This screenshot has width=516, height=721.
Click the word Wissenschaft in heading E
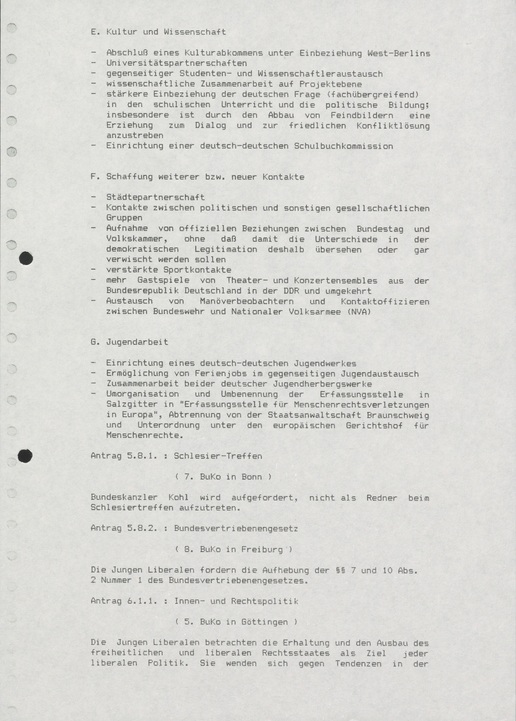pyautogui.click(x=195, y=32)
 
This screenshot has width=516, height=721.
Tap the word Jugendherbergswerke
pyautogui.click(x=322, y=384)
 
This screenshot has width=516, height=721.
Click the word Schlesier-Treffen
pyautogui.click(x=218, y=456)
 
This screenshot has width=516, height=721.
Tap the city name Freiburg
pyautogui.click(x=262, y=549)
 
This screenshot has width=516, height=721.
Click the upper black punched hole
pyautogui.click(x=26, y=258)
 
